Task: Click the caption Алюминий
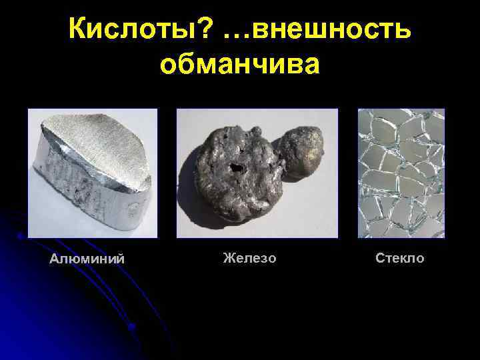(x=87, y=259)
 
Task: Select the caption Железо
(x=249, y=257)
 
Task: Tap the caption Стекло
(x=399, y=257)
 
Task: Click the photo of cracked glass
(x=401, y=173)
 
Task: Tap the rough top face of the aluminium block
(x=100, y=140)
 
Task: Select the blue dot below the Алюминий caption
(x=133, y=327)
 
